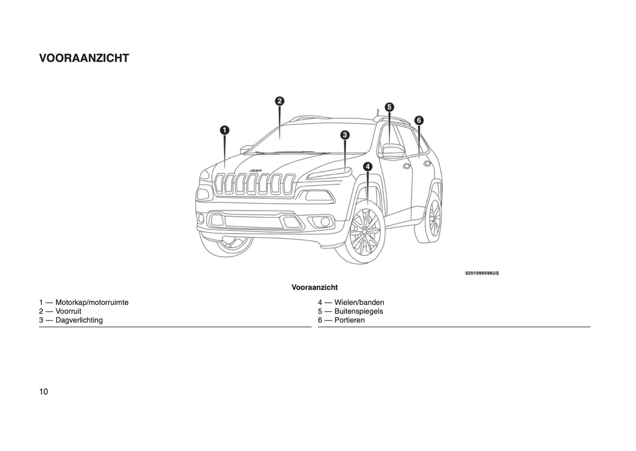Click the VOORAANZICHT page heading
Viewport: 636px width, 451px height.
click(x=84, y=58)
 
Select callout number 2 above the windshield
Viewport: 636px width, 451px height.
click(x=279, y=101)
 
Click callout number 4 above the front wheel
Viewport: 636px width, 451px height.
click(x=368, y=166)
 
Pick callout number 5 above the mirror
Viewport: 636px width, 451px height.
click(x=390, y=107)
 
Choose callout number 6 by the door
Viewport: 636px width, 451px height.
click(x=419, y=120)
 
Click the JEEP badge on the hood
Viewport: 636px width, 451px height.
click(x=256, y=170)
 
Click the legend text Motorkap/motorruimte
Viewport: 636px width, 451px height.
click(x=92, y=302)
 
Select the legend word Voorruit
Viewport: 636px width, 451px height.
click(x=68, y=311)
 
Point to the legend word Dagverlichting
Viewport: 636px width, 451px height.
click(x=79, y=320)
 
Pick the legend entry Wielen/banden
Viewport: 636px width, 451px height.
click(x=359, y=302)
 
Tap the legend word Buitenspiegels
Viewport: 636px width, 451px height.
click(x=359, y=311)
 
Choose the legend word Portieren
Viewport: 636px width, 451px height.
click(x=349, y=320)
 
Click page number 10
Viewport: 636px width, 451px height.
click(x=44, y=392)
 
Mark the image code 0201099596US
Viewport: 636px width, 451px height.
click(x=482, y=273)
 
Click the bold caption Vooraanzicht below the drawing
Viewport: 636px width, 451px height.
click(x=315, y=287)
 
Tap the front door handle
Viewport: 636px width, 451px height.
click(x=406, y=165)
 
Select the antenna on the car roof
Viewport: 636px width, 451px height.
click(x=377, y=114)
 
